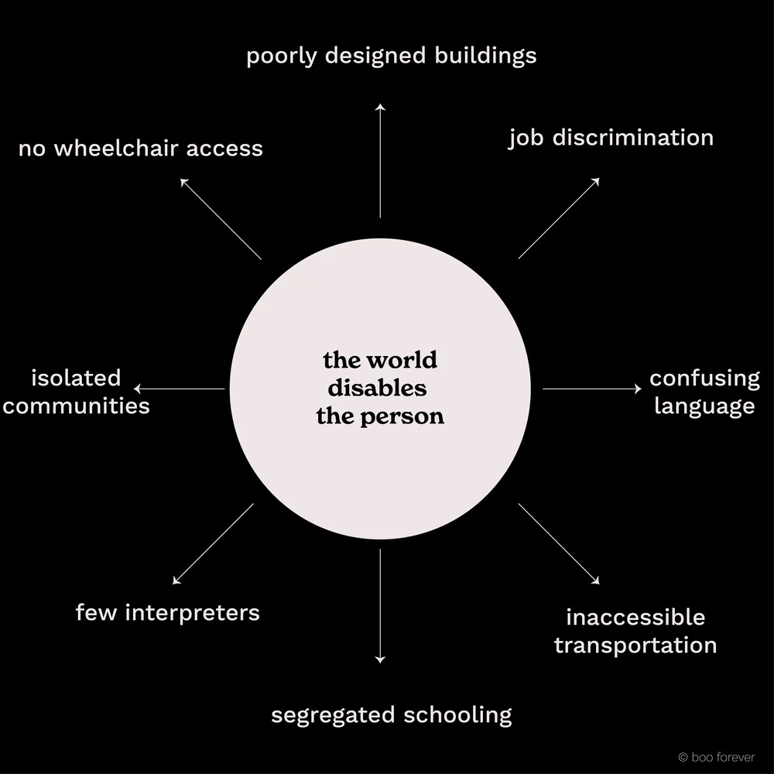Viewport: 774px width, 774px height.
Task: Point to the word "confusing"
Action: coord(704,378)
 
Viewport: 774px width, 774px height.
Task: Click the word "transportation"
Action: coord(635,645)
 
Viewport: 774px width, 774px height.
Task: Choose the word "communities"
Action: coord(76,406)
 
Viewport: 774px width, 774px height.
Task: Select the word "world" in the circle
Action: coord(401,361)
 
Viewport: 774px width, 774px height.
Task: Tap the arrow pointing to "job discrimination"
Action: coord(559,218)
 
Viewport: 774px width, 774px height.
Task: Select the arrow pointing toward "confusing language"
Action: coord(592,389)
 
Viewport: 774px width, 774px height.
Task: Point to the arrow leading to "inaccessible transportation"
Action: coord(559,544)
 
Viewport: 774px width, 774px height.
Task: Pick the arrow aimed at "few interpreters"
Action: coord(213,544)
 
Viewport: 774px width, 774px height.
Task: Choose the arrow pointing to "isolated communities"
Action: coord(180,389)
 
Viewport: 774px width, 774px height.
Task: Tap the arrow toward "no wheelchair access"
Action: coord(221,218)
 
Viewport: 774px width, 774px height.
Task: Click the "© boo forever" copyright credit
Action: coord(716,757)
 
